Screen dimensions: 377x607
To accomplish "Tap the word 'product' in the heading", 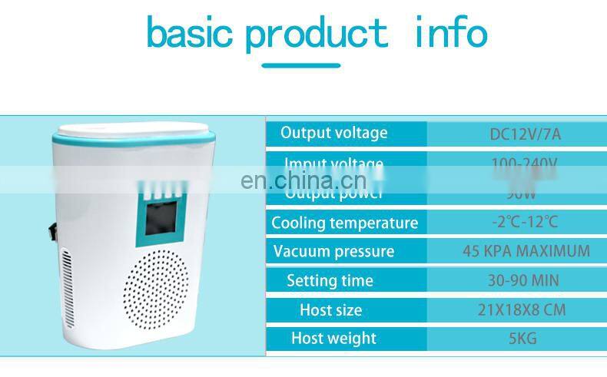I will pos(317,35).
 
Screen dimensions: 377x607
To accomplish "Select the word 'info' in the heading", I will pos(450,32).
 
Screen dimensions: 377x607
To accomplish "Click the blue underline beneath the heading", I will pos(301,65).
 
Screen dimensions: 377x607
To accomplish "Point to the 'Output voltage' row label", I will pos(333,133).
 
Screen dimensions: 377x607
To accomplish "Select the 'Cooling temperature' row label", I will pos(344,223).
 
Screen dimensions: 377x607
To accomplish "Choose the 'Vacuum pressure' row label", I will pos(333,252).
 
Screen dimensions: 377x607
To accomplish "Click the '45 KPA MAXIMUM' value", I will pos(526,251).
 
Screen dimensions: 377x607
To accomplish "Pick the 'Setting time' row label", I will pos(330,280).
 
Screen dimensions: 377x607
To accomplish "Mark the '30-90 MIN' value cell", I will pos(523,280).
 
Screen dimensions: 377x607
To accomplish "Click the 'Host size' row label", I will pos(330,310).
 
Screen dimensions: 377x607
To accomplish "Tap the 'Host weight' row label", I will pos(333,338).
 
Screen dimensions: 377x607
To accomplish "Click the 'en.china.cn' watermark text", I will pos(303,180).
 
